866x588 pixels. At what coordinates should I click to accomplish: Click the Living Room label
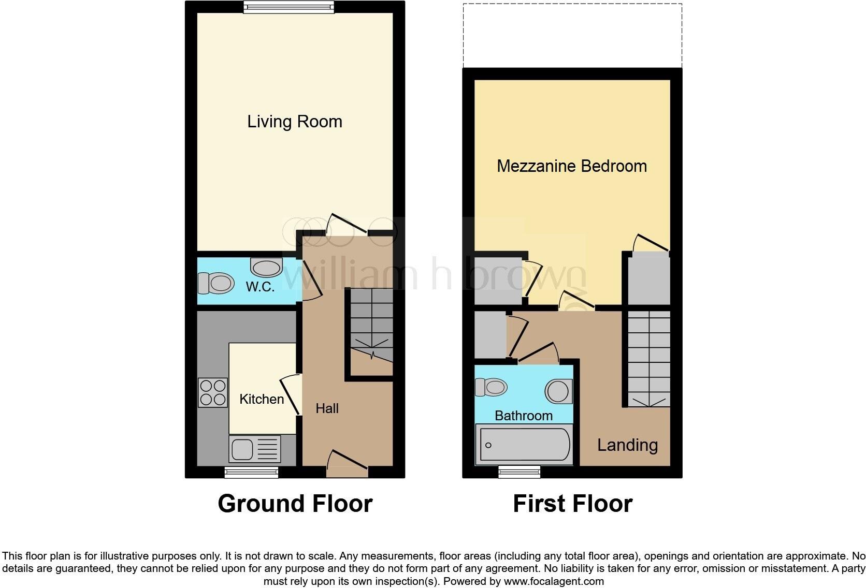pyautogui.click(x=294, y=122)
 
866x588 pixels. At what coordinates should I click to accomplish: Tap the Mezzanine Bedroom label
pyautogui.click(x=571, y=166)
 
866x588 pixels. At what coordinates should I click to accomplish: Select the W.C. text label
pyautogui.click(x=260, y=286)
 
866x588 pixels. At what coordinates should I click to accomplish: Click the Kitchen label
pyautogui.click(x=262, y=399)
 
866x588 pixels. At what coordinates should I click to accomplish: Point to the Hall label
pyautogui.click(x=327, y=408)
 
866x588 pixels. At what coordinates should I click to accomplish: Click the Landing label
pyautogui.click(x=627, y=445)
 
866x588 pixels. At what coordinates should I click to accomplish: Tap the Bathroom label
pyautogui.click(x=523, y=416)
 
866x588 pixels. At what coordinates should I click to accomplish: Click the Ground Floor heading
pyautogui.click(x=295, y=504)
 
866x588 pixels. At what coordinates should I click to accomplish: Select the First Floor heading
pyautogui.click(x=572, y=504)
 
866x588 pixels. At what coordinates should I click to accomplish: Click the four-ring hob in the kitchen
pyautogui.click(x=212, y=392)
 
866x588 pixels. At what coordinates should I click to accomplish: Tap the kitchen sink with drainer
pyautogui.click(x=255, y=449)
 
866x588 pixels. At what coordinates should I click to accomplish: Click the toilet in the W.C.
pyautogui.click(x=215, y=283)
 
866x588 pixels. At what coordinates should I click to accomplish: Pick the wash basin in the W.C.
pyautogui.click(x=266, y=267)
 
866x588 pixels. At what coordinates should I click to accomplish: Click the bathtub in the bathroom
pyautogui.click(x=524, y=445)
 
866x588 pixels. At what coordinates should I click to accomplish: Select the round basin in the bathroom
pyautogui.click(x=558, y=391)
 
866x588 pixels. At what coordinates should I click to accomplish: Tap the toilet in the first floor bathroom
pyautogui.click(x=490, y=387)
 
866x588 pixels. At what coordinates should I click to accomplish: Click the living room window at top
pyautogui.click(x=288, y=7)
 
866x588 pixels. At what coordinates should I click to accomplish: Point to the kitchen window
pyautogui.click(x=251, y=472)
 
